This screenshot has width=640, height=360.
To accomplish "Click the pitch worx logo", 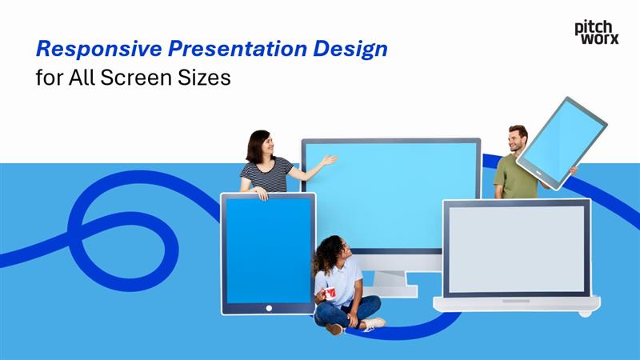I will pyautogui.click(x=596, y=31).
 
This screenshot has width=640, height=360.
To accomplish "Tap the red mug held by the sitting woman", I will pyautogui.click(x=329, y=293).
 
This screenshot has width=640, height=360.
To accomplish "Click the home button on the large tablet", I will pyautogui.click(x=269, y=308).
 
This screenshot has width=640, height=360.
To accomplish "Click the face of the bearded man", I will pyautogui.click(x=518, y=140).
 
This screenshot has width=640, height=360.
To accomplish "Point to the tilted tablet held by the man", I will pyautogui.click(x=562, y=142).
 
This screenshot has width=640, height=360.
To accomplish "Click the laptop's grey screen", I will pyautogui.click(x=516, y=249).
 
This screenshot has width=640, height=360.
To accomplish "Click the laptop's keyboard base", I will pyautogui.click(x=516, y=302).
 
